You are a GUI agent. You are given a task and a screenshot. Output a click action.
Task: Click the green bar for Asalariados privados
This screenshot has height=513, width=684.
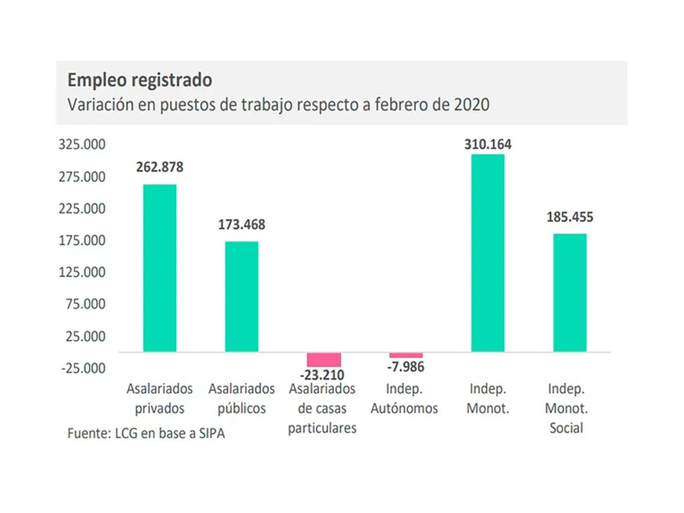click(160, 268)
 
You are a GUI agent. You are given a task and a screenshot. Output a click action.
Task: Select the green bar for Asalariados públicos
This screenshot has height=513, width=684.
click(242, 296)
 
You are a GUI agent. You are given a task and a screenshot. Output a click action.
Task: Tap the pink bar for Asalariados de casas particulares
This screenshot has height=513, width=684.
click(324, 360)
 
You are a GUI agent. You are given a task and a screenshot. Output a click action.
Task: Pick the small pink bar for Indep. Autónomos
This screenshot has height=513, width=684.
click(406, 355)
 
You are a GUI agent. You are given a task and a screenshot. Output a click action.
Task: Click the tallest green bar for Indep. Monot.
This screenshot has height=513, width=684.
click(488, 253)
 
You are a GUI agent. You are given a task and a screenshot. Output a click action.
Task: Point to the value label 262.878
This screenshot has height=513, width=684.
click(160, 168)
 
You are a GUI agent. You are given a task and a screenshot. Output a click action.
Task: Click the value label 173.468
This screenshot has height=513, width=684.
click(242, 225)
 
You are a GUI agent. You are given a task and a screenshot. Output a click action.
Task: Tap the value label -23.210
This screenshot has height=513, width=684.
click(324, 375)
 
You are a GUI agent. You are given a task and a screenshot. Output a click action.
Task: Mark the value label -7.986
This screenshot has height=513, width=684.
click(406, 367)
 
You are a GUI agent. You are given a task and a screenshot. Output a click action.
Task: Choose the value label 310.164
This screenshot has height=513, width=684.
click(488, 144)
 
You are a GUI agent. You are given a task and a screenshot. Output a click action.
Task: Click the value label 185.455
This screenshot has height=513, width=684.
click(570, 217)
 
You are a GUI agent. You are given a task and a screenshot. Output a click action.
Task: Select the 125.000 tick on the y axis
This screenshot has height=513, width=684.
click(83, 272)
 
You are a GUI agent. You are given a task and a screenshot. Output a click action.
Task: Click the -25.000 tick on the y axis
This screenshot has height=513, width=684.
click(83, 368)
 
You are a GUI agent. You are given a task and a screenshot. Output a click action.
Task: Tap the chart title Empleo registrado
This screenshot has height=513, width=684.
click(140, 80)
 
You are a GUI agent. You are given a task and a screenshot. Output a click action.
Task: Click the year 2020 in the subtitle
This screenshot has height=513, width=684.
click(473, 105)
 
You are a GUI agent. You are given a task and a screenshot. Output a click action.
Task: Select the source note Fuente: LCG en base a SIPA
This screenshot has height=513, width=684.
click(146, 433)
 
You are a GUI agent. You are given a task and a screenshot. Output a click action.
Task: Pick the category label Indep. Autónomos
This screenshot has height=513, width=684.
click(404, 398)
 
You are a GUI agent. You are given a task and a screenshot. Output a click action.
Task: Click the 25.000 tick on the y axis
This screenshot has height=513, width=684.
click(86, 336)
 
